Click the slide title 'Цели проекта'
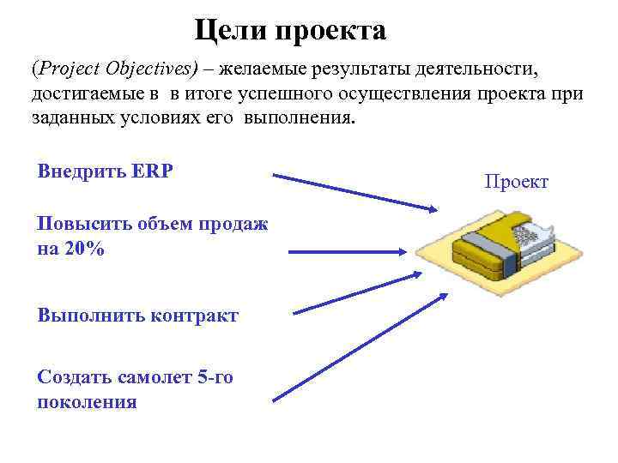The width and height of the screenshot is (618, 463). (290, 32)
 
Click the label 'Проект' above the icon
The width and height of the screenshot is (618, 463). (516, 182)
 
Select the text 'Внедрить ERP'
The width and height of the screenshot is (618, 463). (106, 170)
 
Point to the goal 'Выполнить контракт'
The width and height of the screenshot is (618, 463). (138, 315)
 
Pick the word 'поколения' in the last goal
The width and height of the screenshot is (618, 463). (87, 401)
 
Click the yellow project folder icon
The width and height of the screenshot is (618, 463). (489, 249)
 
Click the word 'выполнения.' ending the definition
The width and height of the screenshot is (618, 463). (298, 118)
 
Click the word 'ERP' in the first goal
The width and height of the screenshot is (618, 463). (152, 170)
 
